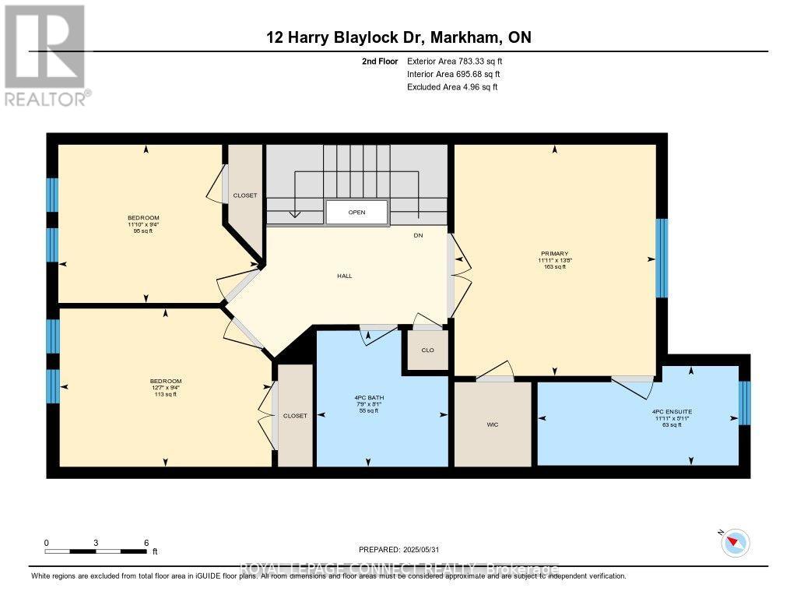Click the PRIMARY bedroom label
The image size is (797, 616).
[556, 253]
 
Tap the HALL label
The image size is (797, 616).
[344, 276]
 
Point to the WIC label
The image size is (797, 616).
[492, 424]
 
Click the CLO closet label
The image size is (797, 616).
[427, 350]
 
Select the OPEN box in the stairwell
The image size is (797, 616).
[356, 212]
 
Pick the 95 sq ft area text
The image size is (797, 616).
[144, 231]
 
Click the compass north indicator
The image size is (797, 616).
[736, 542]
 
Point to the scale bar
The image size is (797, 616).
[97, 551]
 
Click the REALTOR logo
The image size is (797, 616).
[46, 55]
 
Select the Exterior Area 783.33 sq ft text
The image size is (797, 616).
[460, 61]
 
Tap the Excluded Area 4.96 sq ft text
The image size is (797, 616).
[452, 87]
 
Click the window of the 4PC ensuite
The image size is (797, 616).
[743, 403]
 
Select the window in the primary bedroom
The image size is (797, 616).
[662, 258]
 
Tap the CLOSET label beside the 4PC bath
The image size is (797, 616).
[295, 416]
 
